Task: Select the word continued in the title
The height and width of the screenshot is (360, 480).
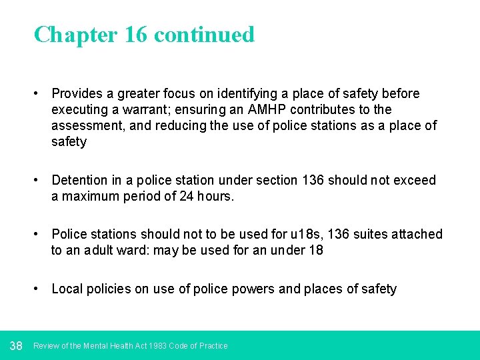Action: [x=204, y=35]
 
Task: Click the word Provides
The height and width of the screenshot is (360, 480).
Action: [x=78, y=93]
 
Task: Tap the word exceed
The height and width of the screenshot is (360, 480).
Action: [x=415, y=180]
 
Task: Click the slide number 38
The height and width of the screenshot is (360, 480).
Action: [x=17, y=345]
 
